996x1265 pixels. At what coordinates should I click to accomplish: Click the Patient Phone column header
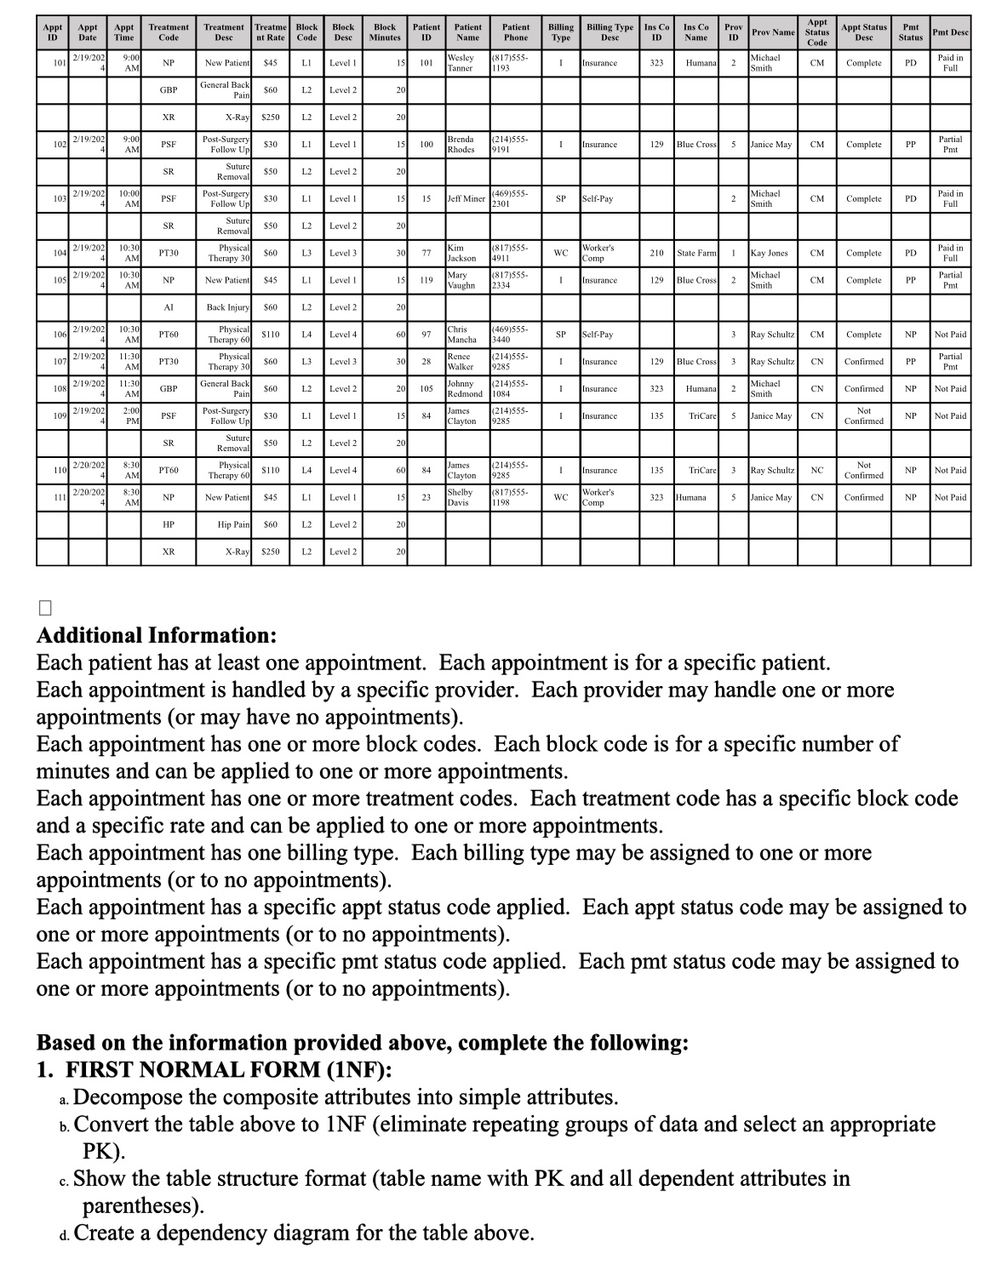pos(515,32)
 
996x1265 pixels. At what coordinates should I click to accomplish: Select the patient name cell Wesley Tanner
pos(461,63)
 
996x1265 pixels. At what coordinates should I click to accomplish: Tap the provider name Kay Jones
pos(769,253)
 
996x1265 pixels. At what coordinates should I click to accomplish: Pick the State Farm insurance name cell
pos(696,253)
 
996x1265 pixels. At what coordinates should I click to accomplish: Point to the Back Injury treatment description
pos(228,307)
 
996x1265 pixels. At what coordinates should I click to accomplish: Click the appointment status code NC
pos(816,470)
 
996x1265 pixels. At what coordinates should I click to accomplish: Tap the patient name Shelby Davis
pos(460,497)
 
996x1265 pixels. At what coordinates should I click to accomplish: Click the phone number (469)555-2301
pos(511,198)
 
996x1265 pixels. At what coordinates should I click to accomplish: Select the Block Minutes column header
pos(385,32)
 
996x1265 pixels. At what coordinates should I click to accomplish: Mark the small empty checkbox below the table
pos(45,608)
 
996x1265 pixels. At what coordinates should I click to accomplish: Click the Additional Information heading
pos(156,635)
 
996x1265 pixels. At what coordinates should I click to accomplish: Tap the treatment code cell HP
pos(169,524)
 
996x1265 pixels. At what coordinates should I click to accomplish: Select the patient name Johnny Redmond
pos(465,389)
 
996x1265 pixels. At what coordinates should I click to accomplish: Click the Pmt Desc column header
pos(950,32)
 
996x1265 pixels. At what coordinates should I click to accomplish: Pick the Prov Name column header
pos(772,32)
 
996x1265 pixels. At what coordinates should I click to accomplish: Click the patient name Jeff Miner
pos(466,198)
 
